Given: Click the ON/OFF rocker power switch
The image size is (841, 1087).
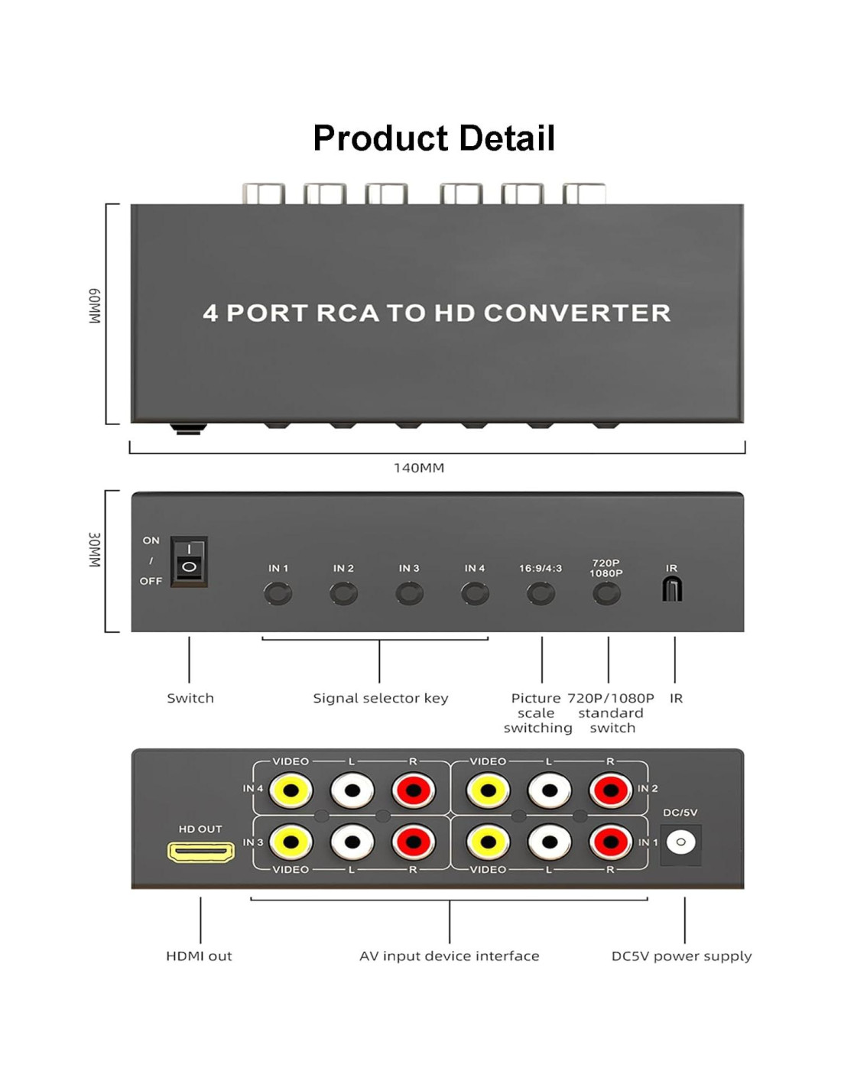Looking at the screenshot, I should [189, 561].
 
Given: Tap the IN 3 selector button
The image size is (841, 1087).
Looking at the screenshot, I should [409, 593].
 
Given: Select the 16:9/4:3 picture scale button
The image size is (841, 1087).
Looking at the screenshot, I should [541, 593].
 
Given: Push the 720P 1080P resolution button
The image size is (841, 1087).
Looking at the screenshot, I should [606, 593].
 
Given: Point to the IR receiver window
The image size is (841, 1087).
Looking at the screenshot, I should [672, 589].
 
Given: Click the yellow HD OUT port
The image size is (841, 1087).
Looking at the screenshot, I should [201, 852].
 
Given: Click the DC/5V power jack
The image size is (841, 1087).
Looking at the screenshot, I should [680, 842].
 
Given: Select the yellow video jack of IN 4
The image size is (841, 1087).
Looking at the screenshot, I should [291, 790].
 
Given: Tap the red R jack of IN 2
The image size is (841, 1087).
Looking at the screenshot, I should [611, 790].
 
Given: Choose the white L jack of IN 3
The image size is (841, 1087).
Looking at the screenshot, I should [352, 842].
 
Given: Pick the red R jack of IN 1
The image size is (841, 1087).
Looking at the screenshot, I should [611, 842].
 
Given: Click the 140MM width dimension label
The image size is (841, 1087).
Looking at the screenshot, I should [419, 468].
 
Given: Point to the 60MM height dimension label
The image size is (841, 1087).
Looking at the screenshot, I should [94, 307].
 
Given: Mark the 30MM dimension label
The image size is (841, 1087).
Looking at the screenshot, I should [94, 550].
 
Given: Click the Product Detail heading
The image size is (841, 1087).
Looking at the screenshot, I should [433, 138].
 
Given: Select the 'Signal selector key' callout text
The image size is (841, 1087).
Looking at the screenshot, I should [380, 698].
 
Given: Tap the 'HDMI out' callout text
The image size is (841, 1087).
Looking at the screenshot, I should [199, 956].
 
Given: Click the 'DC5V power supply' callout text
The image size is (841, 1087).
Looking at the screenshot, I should [681, 956].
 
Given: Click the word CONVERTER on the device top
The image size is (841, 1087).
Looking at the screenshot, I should [577, 313].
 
